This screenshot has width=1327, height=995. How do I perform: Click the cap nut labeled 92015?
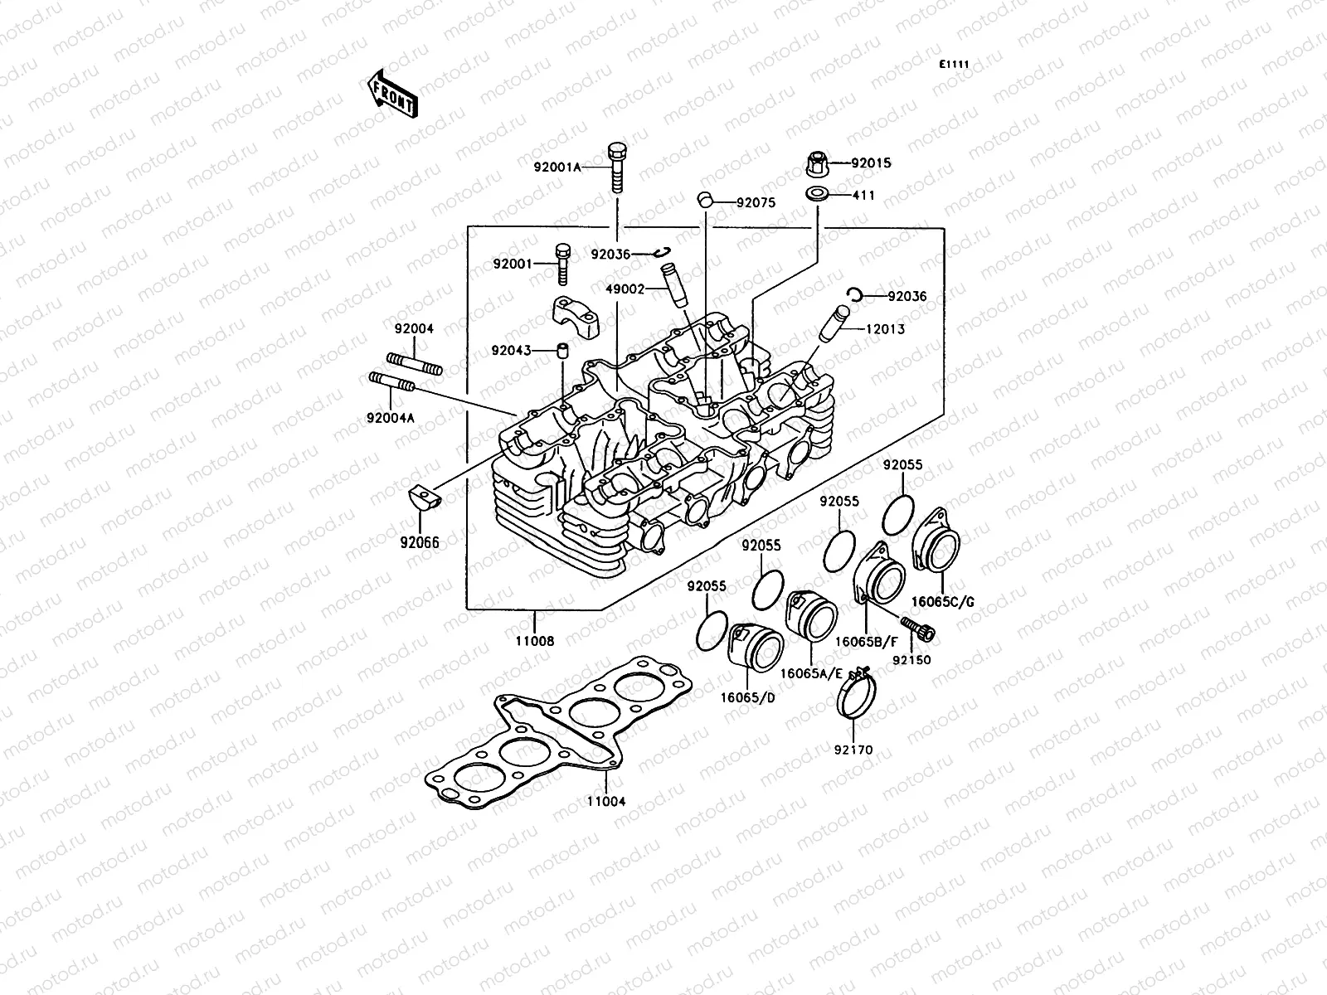[819, 163]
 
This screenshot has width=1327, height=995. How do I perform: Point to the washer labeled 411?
[818, 197]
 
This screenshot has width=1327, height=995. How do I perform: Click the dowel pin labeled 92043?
[562, 351]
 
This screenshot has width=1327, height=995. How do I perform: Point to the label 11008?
[536, 641]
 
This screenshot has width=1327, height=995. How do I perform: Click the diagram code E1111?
[954, 65]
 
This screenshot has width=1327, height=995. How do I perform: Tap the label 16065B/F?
[866, 641]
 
